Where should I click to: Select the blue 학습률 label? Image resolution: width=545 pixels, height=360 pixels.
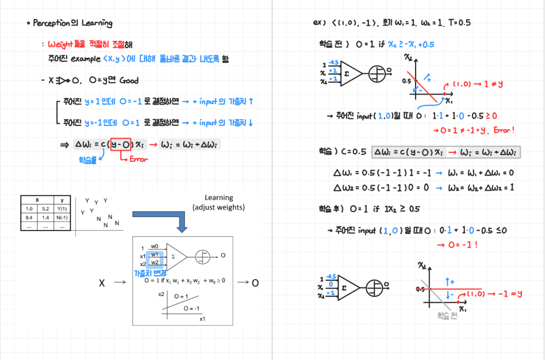click(x=87, y=160)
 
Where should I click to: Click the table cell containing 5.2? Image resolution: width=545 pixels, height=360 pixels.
click(x=45, y=208)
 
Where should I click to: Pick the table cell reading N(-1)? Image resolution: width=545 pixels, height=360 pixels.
click(x=62, y=217)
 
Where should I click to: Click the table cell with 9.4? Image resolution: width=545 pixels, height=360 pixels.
click(x=29, y=217)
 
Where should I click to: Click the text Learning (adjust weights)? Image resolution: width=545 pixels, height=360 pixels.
click(x=218, y=202)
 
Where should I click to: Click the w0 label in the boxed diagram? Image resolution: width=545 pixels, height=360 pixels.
click(x=154, y=246)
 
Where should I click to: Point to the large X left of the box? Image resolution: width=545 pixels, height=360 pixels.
click(x=102, y=283)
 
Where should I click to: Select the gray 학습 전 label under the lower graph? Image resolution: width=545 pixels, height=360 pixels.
click(x=447, y=316)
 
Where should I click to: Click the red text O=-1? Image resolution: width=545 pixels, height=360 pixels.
click(x=457, y=245)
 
